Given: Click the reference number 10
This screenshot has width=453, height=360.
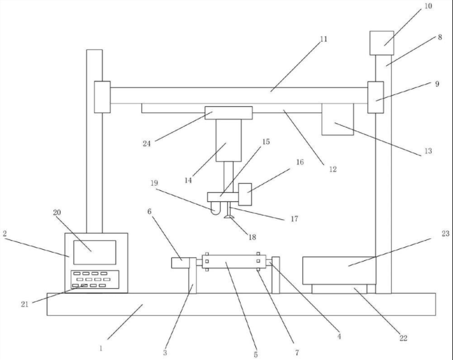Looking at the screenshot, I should coord(428,7).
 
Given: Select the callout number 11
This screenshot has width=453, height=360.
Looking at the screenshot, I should coord(323,39).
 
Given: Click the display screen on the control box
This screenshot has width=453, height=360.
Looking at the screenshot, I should coord(94,252).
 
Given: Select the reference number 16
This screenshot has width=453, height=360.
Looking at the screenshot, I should coord(299,162).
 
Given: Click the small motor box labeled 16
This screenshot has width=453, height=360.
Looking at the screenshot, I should coord(245,195).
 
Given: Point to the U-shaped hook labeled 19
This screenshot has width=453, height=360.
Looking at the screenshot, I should coord(214,210).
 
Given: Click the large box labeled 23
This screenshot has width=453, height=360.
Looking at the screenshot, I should coord(338,271).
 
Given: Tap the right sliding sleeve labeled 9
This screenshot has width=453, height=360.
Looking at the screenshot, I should coord(376,97).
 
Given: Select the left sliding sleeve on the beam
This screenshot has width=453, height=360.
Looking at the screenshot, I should coord(102,97).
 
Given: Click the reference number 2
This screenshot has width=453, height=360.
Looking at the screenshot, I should coord(6,234).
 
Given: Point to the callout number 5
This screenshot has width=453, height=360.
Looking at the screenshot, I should coord(255,354).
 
